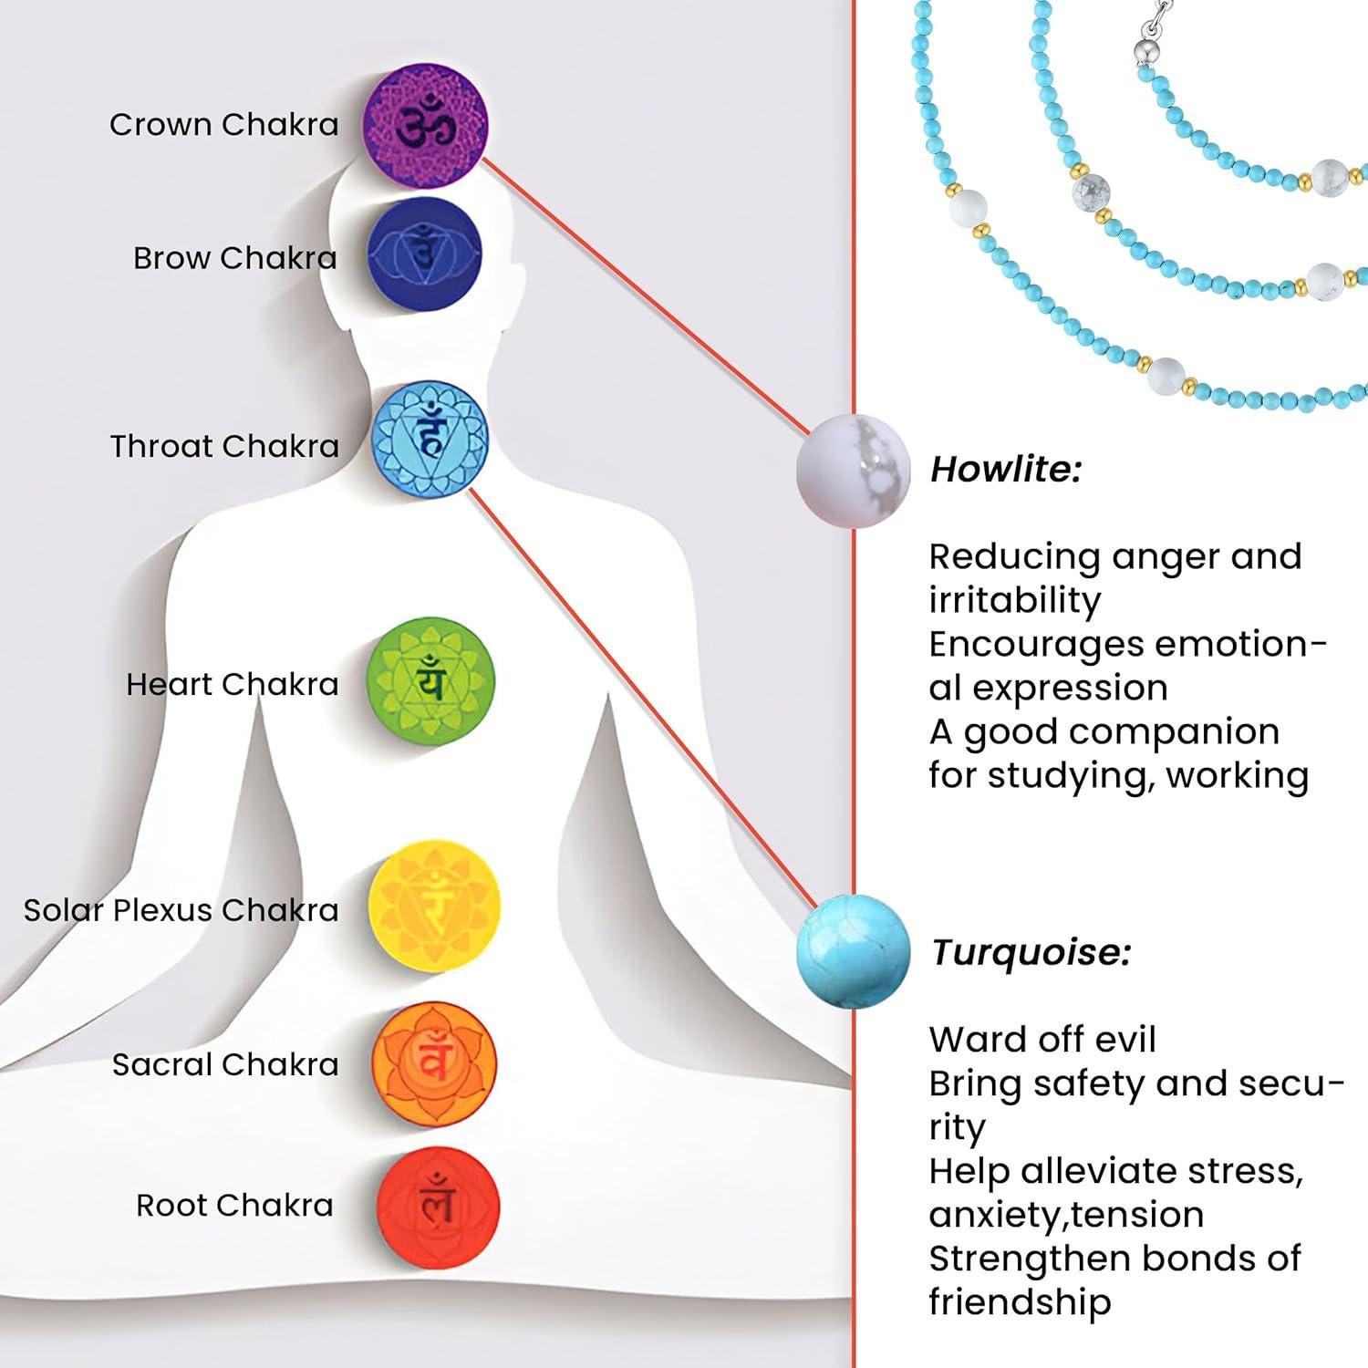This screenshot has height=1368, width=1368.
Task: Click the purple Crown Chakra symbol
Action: (426, 125)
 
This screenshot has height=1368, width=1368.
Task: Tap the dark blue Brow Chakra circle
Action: (424, 254)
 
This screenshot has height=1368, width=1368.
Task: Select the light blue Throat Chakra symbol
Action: (430, 440)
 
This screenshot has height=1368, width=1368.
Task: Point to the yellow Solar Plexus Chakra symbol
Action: (434, 906)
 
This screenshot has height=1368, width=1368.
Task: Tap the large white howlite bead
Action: (853, 471)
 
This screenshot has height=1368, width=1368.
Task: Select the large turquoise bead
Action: (854, 951)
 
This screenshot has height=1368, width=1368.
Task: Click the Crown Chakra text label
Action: (223, 125)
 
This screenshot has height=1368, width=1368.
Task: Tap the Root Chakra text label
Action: (234, 1206)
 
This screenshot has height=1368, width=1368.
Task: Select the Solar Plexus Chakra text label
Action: (181, 910)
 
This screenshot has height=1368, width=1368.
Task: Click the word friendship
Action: (1020, 1302)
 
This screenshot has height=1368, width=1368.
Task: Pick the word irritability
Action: (1014, 601)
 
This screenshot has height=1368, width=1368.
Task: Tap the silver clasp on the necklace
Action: (1144, 46)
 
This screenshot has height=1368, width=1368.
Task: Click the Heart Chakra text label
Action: (232, 684)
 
